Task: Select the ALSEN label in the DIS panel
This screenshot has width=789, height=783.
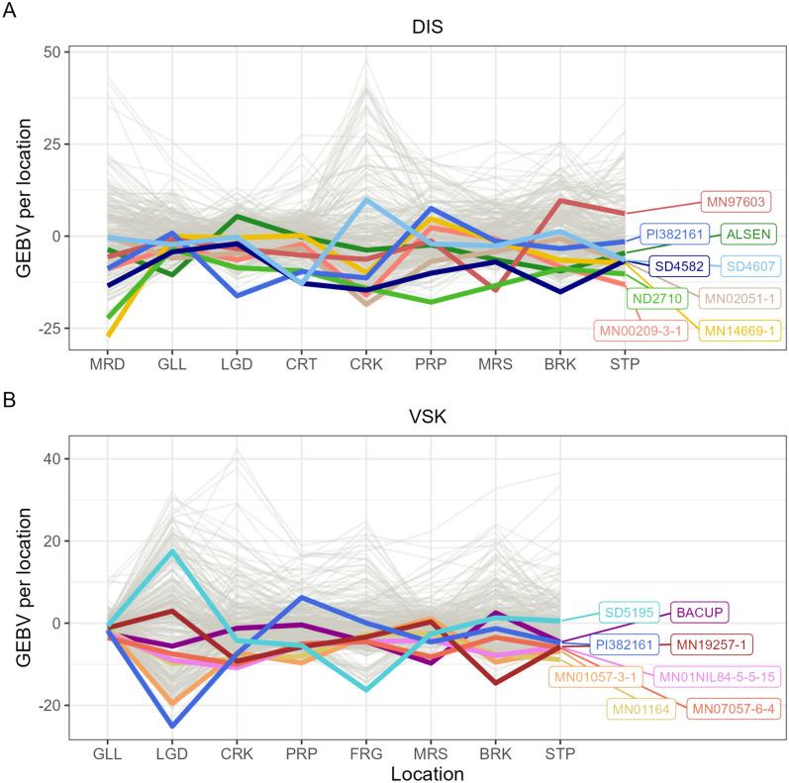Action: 749,235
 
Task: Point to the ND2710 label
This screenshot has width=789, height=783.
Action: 655,297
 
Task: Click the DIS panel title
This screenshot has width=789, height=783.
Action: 429,28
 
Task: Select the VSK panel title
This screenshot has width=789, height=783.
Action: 429,419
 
